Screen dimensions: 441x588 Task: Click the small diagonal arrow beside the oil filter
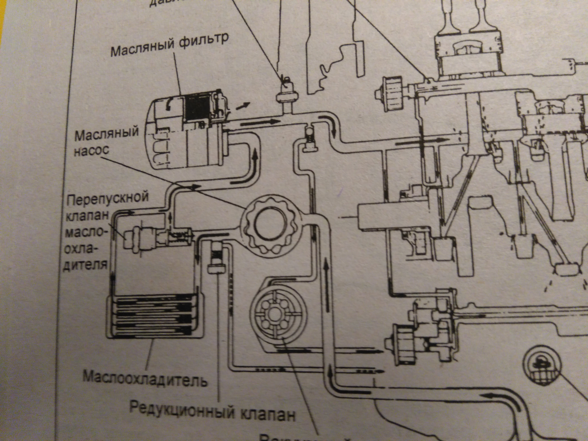click(242, 106)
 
